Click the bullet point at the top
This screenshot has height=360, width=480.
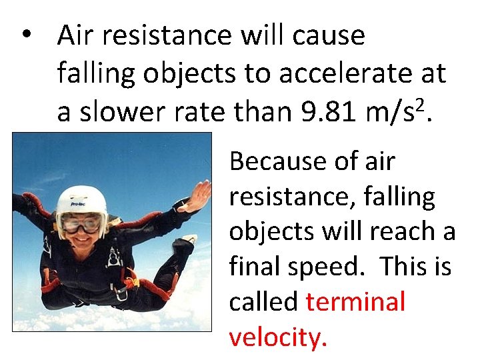coord(27,35)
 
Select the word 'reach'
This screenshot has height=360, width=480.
coord(398,232)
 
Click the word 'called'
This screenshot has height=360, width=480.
coord(263,302)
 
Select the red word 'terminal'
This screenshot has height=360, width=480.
coord(355,302)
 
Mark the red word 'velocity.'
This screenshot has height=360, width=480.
coord(278,337)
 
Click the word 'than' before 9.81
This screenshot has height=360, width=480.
coord(261,113)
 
